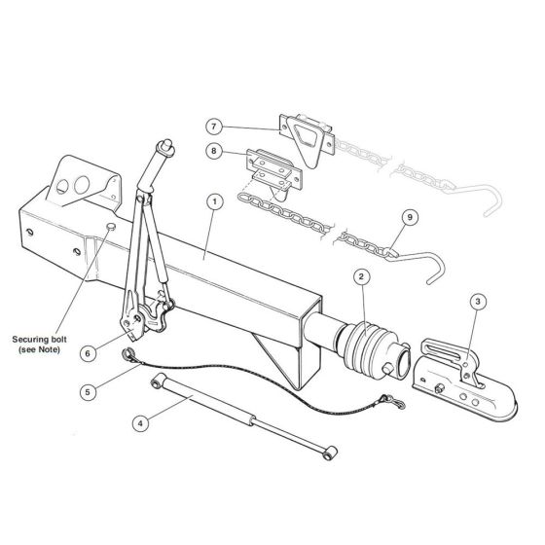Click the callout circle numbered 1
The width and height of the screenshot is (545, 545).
[x=214, y=202]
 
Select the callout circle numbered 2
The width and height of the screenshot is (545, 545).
[x=361, y=276]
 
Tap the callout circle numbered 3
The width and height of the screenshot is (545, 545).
[x=478, y=302]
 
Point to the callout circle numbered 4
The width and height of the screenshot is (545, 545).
[x=141, y=423]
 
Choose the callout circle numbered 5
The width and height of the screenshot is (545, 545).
[x=88, y=392]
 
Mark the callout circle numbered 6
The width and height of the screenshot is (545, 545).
[x=88, y=353]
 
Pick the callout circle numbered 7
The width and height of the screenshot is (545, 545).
[x=214, y=127]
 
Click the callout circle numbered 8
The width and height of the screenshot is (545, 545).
[x=214, y=151]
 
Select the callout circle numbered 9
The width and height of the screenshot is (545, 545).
[x=410, y=217]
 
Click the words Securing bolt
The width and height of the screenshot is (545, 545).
[x=39, y=340]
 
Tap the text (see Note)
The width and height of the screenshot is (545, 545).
[x=39, y=349]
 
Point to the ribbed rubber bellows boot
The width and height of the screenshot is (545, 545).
[x=369, y=348]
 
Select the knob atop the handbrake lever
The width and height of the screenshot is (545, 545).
[x=165, y=145]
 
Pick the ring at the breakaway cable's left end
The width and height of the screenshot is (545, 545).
[x=127, y=355]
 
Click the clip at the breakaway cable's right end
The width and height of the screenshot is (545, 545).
[x=394, y=401]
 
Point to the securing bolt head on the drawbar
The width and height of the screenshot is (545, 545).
[x=111, y=227]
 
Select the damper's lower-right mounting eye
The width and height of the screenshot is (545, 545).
[x=331, y=454]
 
